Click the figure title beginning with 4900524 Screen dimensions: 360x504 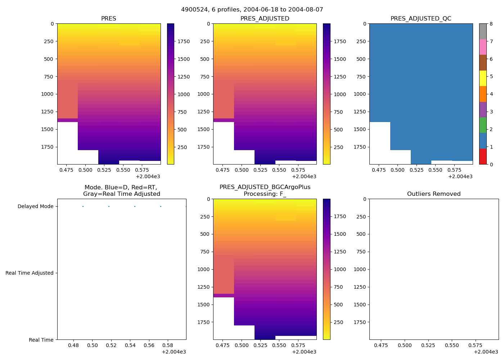pyautogui.click(x=252, y=10)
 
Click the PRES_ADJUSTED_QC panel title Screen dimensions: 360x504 pyautogui.click(x=421, y=19)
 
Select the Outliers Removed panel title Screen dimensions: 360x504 pyautogui.click(x=434, y=194)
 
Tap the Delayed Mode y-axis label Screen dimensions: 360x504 pyautogui.click(x=35, y=207)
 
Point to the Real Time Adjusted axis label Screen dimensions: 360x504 pyautogui.click(x=30, y=273)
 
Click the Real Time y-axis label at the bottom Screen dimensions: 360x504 pyautogui.click(x=41, y=340)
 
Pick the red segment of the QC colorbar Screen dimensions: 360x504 pyautogui.click(x=483, y=157)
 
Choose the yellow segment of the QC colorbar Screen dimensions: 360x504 pyautogui.click(x=483, y=78)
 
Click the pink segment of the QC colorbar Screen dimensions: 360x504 pyautogui.click(x=483, y=47)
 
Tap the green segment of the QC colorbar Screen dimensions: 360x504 pyautogui.click(x=483, y=125)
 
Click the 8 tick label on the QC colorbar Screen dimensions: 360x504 pyautogui.click(x=491, y=24)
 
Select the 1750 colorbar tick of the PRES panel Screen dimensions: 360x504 pyautogui.click(x=184, y=42)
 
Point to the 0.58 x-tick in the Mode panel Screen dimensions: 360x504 pyautogui.click(x=168, y=346)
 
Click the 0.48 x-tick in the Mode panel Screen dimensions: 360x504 pyautogui.click(x=73, y=346)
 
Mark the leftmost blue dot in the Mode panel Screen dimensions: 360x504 pyautogui.click(x=83, y=207)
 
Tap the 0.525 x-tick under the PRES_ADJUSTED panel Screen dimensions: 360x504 pyautogui.click(x=260, y=170)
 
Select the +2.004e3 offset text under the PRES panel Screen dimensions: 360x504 pyautogui.click(x=148, y=177)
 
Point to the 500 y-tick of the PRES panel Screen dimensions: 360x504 pyautogui.click(x=48, y=59)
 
